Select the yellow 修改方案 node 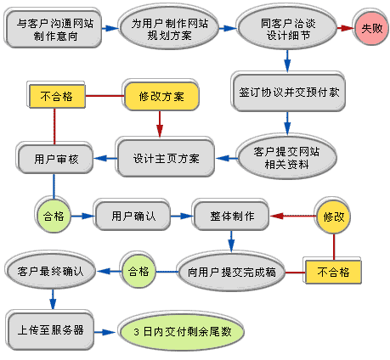(x=161, y=96)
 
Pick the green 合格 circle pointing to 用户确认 (x=53, y=217)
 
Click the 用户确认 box (x=133, y=216)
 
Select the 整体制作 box (x=232, y=216)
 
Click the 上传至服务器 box (x=49, y=329)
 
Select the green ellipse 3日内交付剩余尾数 (x=182, y=331)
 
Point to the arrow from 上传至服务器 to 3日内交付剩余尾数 (x=105, y=330)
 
